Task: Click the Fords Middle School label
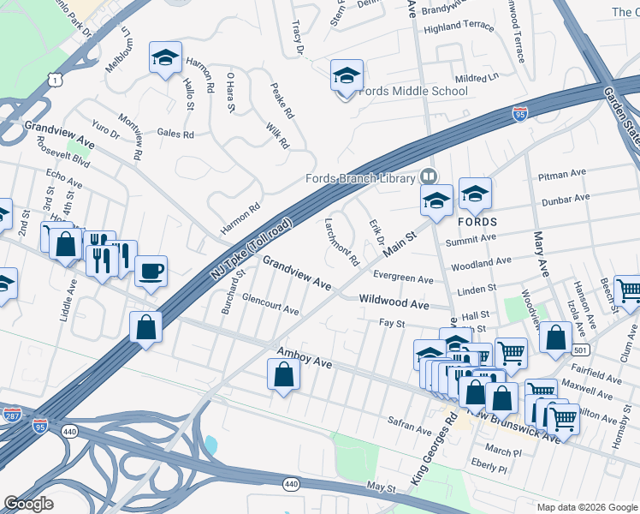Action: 413,91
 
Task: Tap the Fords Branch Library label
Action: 360,178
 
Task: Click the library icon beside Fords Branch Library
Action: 429,176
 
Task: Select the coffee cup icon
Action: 151,272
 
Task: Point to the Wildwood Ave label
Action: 394,303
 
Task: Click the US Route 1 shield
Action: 55,79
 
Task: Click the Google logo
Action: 29,503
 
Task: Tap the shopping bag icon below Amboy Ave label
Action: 283,374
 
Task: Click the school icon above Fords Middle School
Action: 347,75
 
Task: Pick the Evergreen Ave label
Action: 403,278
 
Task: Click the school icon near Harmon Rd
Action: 165,57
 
